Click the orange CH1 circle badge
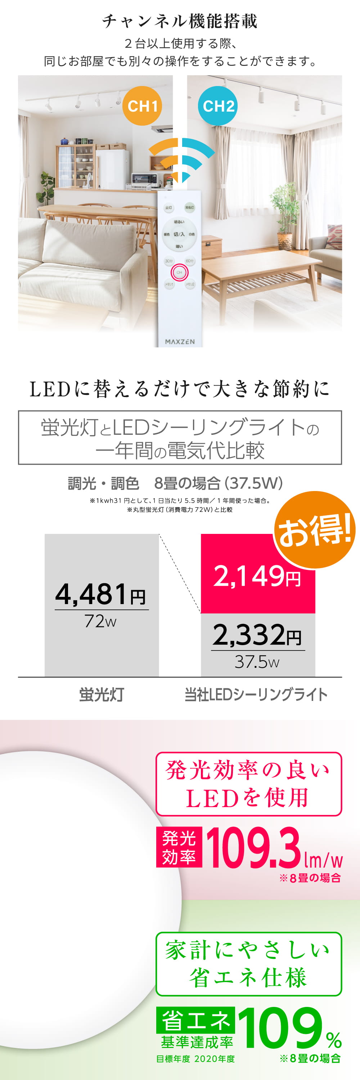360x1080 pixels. coord(142,105)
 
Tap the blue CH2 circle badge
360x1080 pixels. coord(217,105)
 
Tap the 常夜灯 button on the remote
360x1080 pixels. coord(189,207)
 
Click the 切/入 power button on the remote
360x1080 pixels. coord(179,234)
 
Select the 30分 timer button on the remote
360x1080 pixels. coord(168,261)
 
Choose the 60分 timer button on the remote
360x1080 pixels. coord(190,261)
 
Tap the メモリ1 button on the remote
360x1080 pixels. coord(168,284)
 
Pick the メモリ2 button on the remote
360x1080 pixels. coord(190,284)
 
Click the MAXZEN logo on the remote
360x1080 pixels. coord(180,342)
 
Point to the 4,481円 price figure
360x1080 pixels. coord(100,594)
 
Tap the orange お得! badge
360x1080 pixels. coord(314,530)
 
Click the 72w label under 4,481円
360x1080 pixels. coord(100,621)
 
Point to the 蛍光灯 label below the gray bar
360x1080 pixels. coord(102,695)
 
